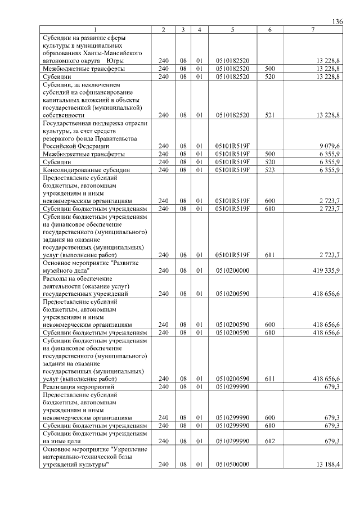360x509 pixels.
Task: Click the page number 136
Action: pos(337,21)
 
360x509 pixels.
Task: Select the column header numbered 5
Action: pos(232,29)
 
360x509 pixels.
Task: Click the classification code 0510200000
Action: pos(232,271)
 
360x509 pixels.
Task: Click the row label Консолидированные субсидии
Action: pos(87,169)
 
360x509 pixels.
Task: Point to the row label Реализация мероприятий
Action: pos(79,387)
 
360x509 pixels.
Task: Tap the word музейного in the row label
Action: pos(60,271)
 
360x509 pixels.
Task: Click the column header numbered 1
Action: pos(96,29)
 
